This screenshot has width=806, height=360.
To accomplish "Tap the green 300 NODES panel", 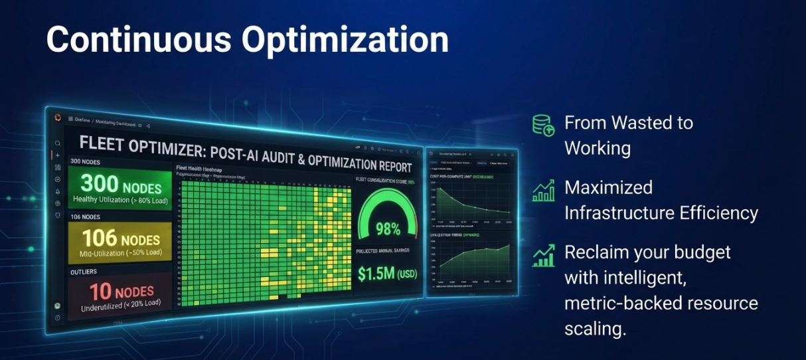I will click(x=120, y=189).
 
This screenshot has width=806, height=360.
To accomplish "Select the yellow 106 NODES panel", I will click(x=120, y=242).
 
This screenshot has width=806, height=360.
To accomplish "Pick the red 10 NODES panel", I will click(x=120, y=296).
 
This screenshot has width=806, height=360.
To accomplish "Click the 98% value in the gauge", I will click(x=388, y=229).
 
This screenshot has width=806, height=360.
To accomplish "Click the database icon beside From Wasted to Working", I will click(x=543, y=125).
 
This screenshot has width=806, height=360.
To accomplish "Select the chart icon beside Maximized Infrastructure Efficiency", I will click(x=543, y=191).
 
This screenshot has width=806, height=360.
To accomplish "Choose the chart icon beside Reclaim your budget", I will click(x=543, y=256).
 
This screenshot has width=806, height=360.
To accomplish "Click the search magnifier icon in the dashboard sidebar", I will click(x=58, y=143).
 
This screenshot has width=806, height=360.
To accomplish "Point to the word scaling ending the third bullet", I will click(x=595, y=328).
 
